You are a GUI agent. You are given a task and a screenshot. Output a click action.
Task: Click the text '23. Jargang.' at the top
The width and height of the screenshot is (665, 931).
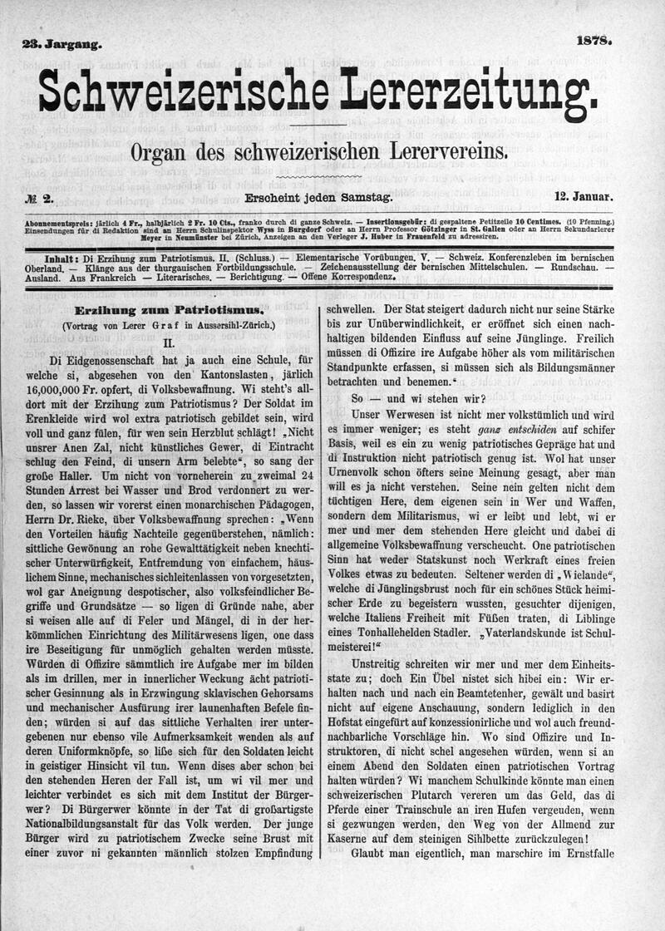coord(62,44)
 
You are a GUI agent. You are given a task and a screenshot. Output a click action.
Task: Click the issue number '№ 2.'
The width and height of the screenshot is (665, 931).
coord(39,198)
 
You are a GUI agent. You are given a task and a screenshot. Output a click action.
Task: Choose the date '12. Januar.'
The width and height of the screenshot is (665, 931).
coord(584,197)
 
